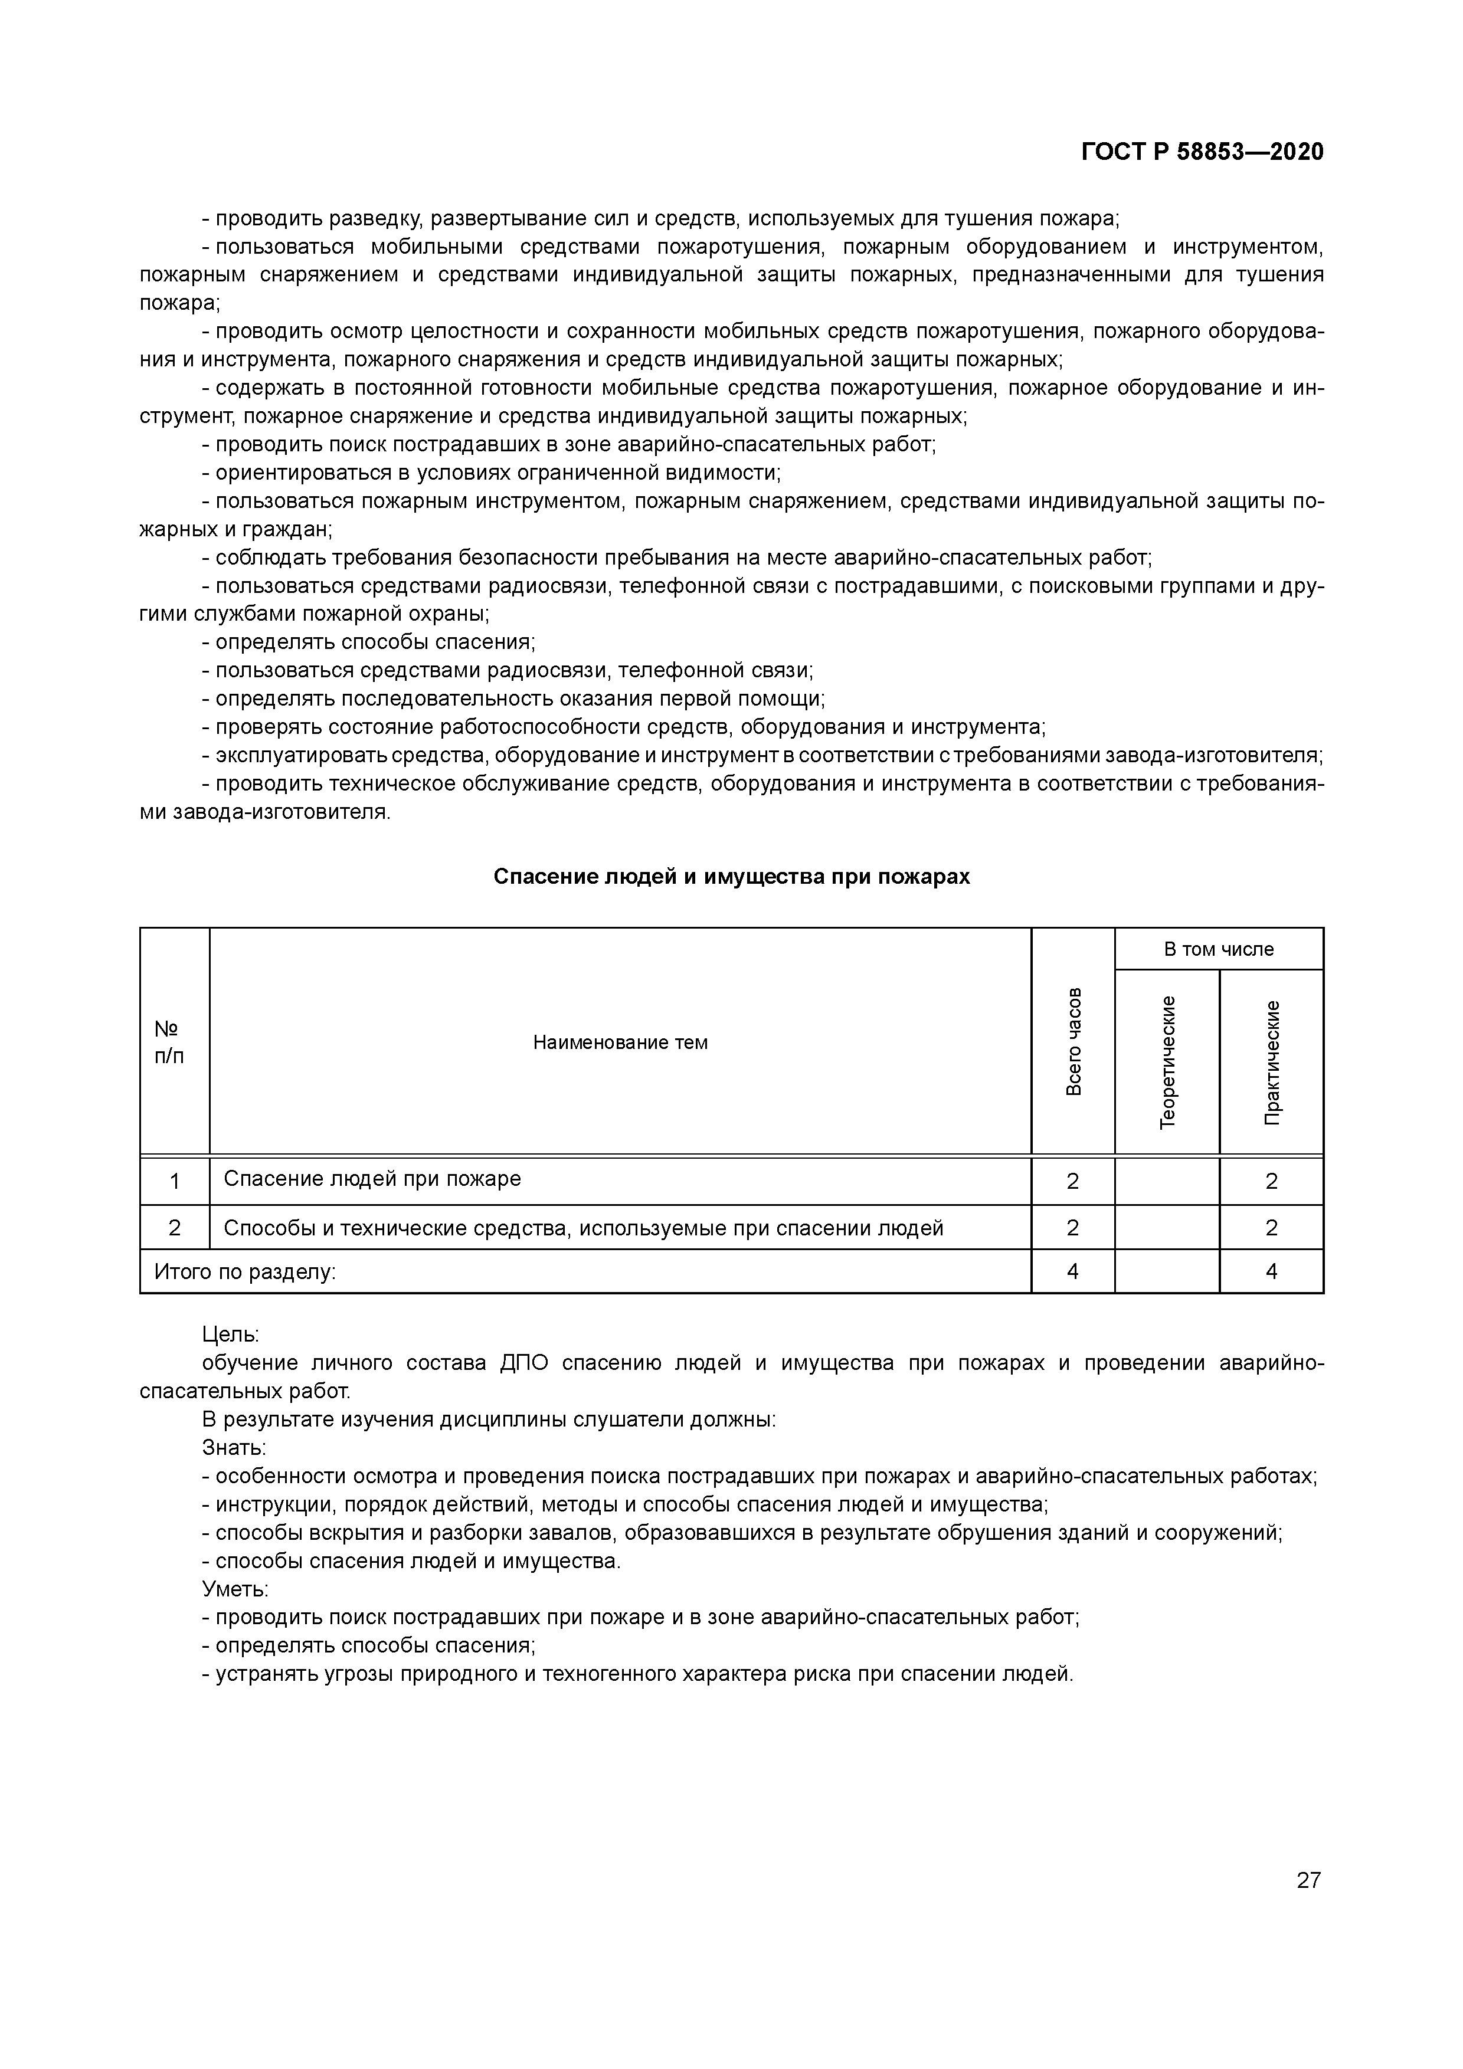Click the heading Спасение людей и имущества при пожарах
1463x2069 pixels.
point(731,877)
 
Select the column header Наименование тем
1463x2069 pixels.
point(620,1042)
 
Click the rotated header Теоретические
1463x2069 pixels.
point(1167,1061)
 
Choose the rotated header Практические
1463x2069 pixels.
point(1271,1061)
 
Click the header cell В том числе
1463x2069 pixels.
point(1219,949)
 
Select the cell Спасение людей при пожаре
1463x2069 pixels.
point(372,1179)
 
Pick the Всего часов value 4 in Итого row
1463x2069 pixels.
point(1073,1271)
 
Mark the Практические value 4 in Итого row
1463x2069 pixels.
point(1271,1271)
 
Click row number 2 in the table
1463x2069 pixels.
point(175,1227)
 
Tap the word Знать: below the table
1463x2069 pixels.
point(234,1448)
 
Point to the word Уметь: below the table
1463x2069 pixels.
point(235,1589)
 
